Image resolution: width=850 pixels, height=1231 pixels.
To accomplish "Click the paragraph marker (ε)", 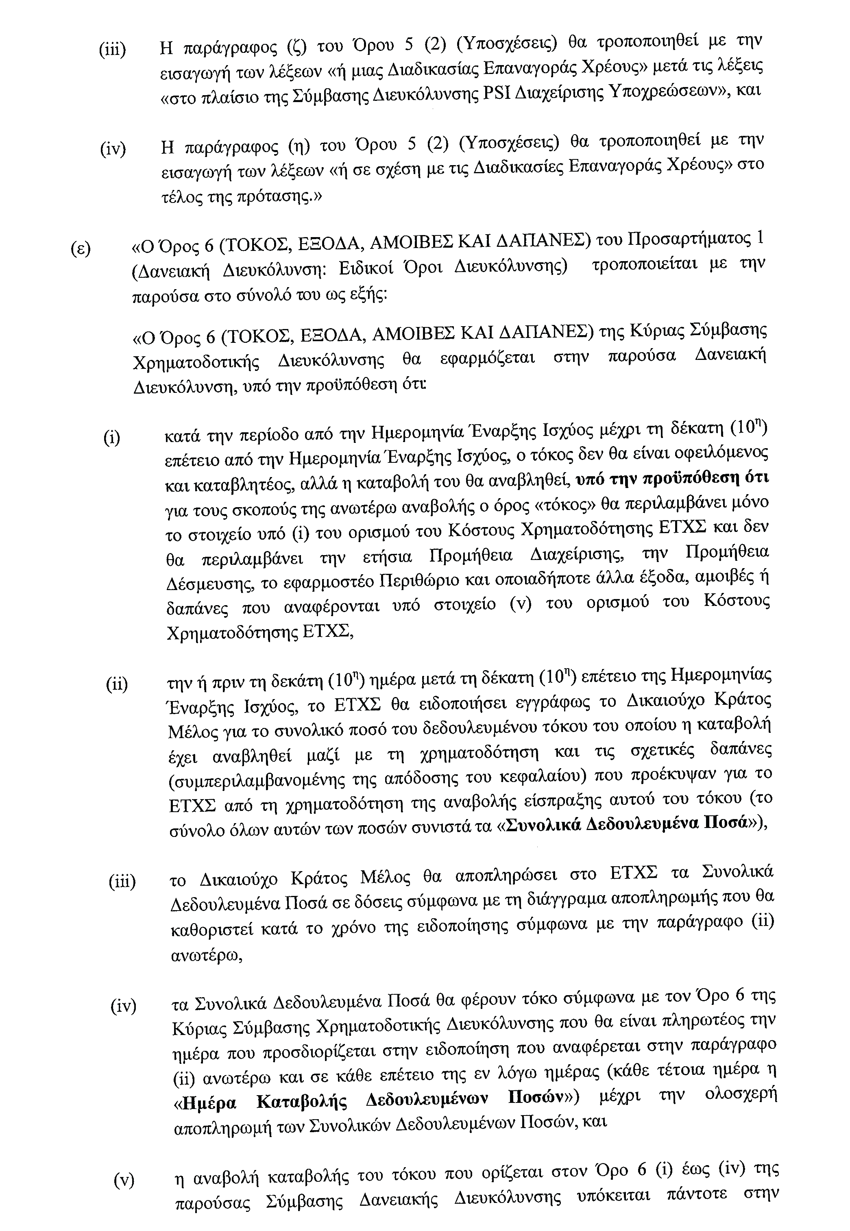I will point(81,249).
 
